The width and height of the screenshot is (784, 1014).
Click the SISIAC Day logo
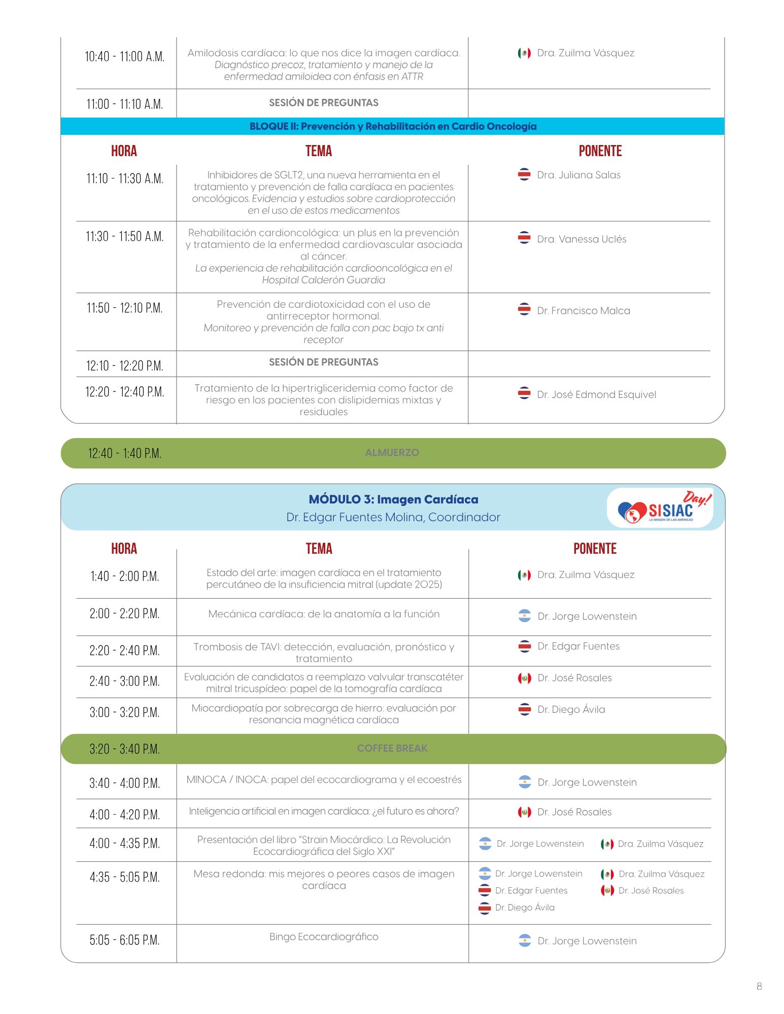click(660, 508)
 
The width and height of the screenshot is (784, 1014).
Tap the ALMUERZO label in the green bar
click(392, 452)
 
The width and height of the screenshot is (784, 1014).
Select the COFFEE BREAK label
click(392, 748)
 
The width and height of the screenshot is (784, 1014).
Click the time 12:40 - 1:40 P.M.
click(124, 453)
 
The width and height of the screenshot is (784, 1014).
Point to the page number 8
click(759, 986)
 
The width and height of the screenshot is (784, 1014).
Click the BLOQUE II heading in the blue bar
click(393, 126)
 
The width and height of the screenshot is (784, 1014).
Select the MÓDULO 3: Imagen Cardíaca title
click(393, 499)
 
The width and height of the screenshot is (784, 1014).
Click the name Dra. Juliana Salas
click(578, 175)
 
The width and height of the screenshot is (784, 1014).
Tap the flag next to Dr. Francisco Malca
click(524, 309)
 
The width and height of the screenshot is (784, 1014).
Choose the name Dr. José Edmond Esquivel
click(596, 394)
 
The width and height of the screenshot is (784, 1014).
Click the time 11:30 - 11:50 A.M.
click(124, 237)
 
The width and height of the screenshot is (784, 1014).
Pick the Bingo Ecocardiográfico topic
click(324, 936)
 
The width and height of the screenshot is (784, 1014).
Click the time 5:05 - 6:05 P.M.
click(124, 940)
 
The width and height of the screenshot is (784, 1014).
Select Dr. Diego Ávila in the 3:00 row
click(571, 709)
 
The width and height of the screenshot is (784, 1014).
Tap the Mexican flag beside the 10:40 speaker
click(524, 53)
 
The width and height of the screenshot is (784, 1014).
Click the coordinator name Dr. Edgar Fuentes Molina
click(393, 517)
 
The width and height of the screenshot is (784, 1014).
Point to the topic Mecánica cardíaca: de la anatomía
click(324, 614)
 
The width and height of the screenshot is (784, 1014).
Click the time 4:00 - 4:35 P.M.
click(124, 844)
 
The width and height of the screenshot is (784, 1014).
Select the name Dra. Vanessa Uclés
click(582, 239)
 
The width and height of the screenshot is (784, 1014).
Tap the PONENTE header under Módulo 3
click(595, 549)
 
